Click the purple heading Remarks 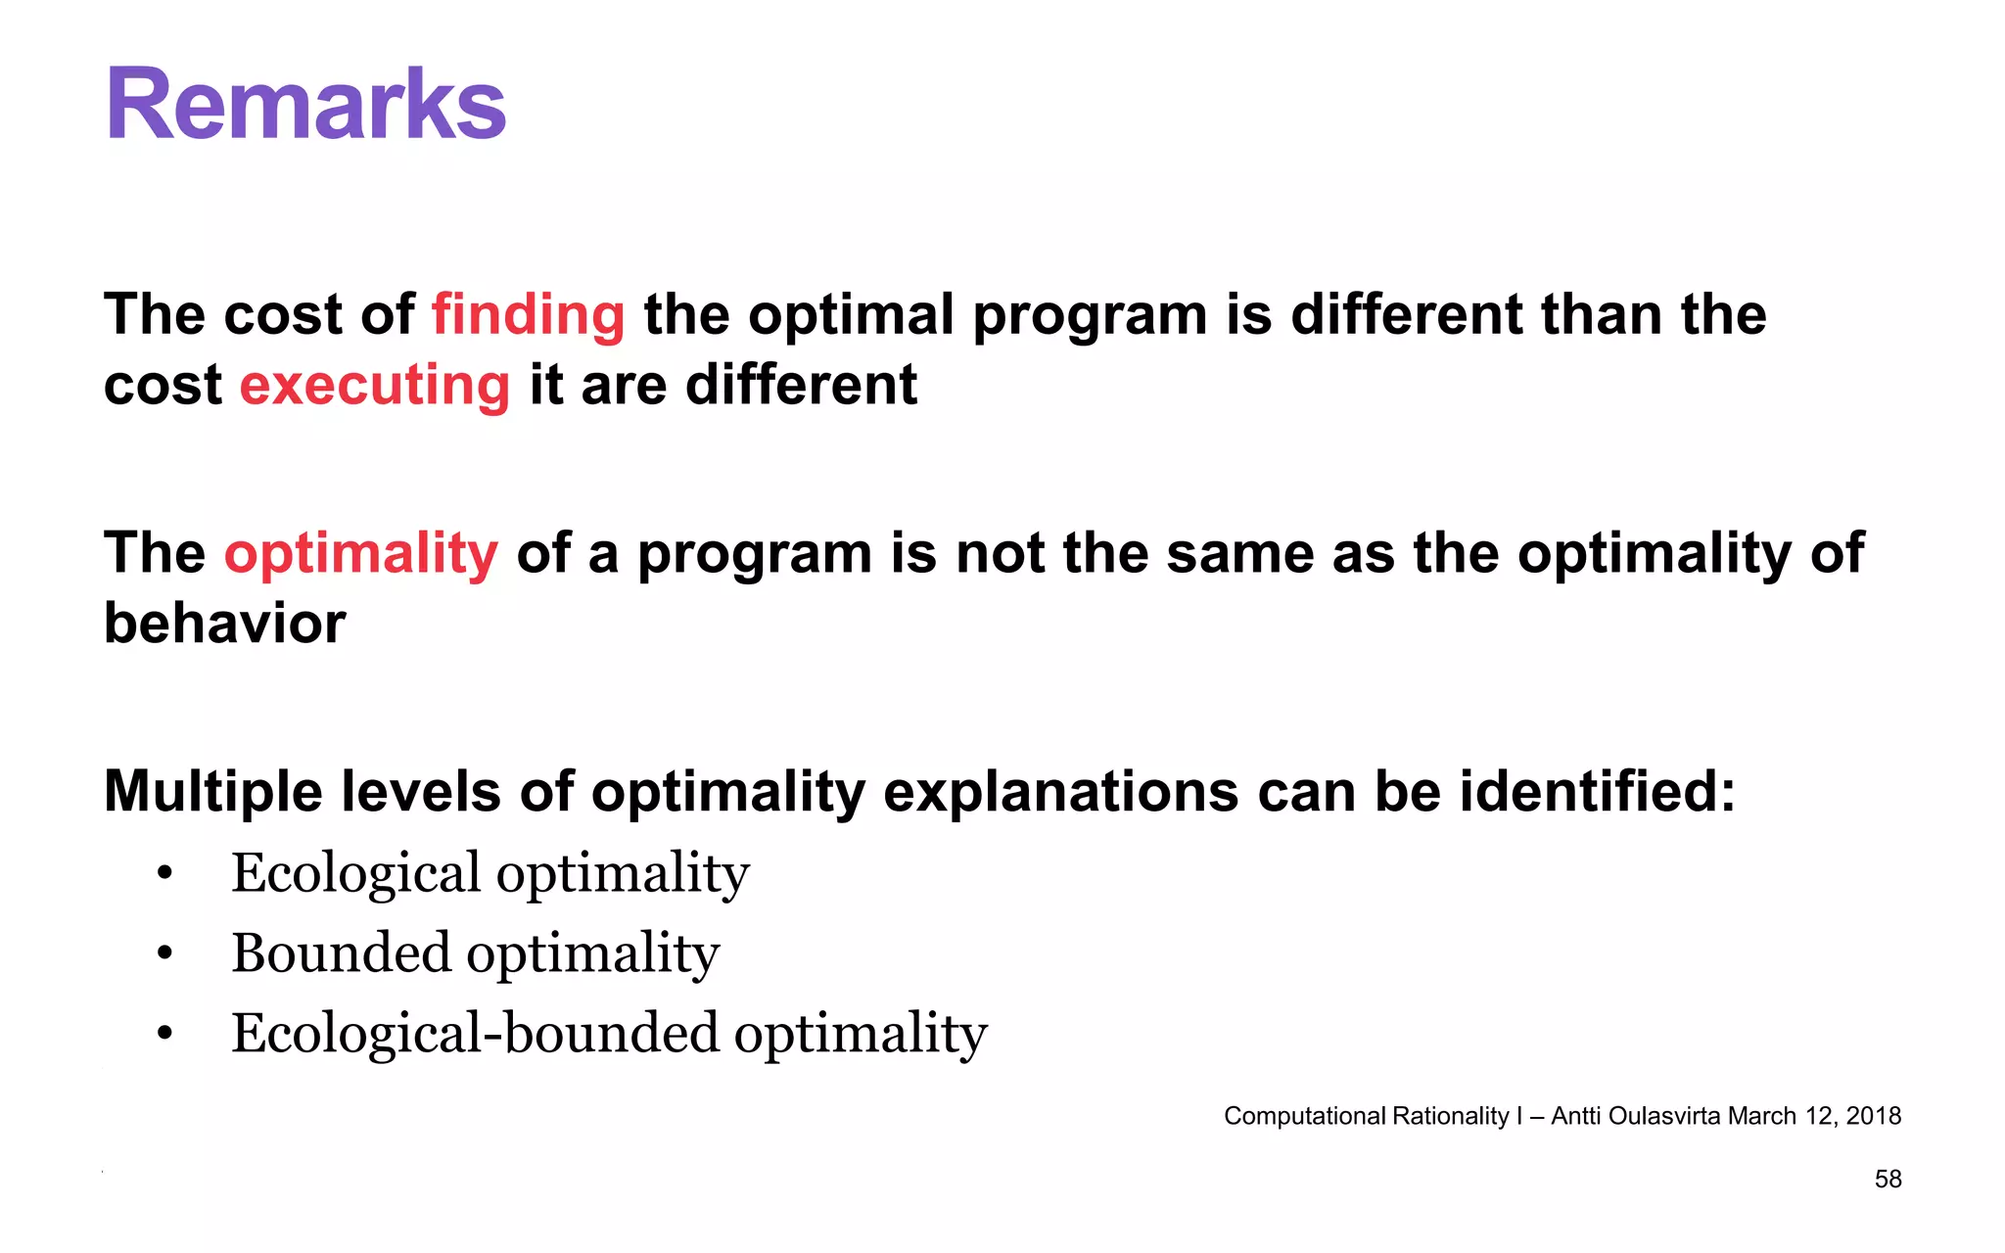pyautogui.click(x=305, y=105)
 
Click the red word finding pyautogui.click(x=528, y=315)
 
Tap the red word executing pyautogui.click(x=375, y=386)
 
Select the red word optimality pyautogui.click(x=361, y=554)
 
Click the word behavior pyautogui.click(x=224, y=624)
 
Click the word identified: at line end pyautogui.click(x=1598, y=791)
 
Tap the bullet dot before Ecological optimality pyautogui.click(x=164, y=872)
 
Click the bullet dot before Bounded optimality pyautogui.click(x=164, y=952)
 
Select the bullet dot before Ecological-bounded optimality pyautogui.click(x=164, y=1033)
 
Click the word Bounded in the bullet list pyautogui.click(x=341, y=952)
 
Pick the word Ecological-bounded pyautogui.click(x=475, y=1033)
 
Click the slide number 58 pyautogui.click(x=1888, y=1180)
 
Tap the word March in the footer pyautogui.click(x=1762, y=1116)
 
